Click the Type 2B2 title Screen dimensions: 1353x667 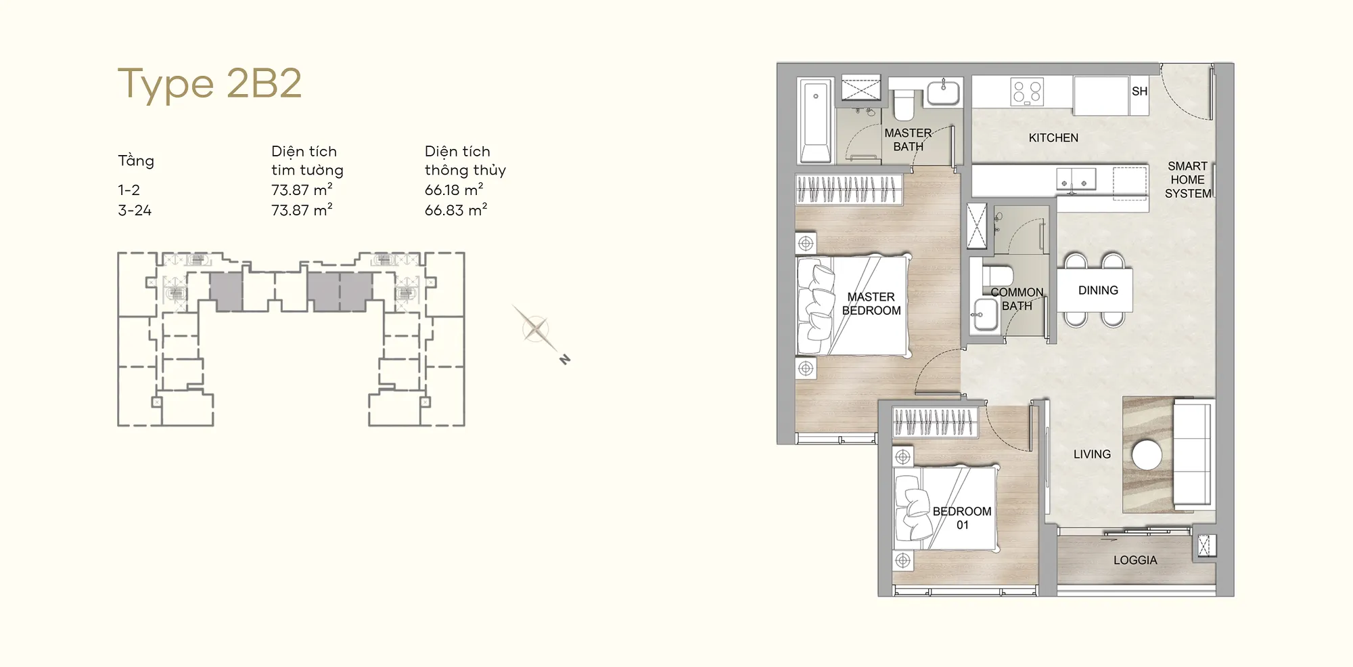(210, 83)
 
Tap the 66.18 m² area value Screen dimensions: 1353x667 (454, 190)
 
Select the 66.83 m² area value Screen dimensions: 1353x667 (455, 210)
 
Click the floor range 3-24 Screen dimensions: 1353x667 (135, 211)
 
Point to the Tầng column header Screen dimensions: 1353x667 (136, 160)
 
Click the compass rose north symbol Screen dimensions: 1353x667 (565, 360)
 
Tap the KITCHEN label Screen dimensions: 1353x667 (1053, 138)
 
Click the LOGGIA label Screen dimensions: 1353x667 (1135, 560)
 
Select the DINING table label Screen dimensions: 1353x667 (1098, 291)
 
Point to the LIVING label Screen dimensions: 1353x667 (1092, 454)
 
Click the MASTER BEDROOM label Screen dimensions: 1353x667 (871, 303)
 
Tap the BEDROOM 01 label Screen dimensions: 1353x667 (962, 518)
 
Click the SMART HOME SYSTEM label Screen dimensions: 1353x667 (1188, 179)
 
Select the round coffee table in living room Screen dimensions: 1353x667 (1147, 455)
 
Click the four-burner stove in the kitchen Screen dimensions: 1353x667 (1027, 92)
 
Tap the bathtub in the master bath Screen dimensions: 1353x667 (815, 121)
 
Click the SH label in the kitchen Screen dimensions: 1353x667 (1139, 91)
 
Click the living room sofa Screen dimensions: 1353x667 (1193, 454)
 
